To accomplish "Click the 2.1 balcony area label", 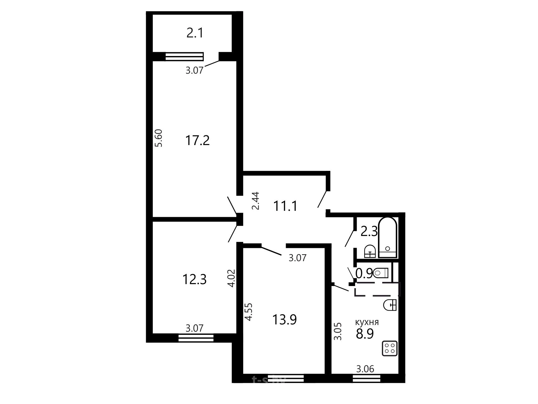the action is tap(195, 33).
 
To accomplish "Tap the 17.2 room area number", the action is tap(197, 140).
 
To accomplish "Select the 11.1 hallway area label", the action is tap(285, 206).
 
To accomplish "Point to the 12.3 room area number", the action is tap(195, 279).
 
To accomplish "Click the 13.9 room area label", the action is tap(284, 320).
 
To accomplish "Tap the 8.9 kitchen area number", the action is tap(365, 334).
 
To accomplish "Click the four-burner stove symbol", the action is tap(390, 348).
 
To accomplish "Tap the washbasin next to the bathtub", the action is tap(370, 251).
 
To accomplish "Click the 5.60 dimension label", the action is tap(159, 138).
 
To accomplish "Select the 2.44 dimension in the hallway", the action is tap(256, 201).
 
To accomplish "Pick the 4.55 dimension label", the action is tap(249, 312).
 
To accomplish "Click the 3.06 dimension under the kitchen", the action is tap(365, 369).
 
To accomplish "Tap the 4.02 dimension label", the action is tap(232, 278).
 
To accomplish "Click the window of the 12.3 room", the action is tap(196, 338).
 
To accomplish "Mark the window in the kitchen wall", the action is tap(366, 378).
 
